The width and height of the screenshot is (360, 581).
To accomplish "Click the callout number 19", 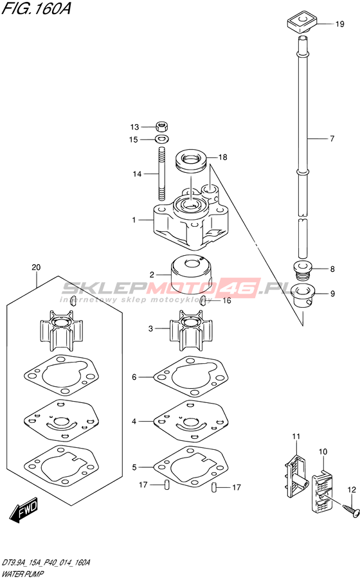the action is pos(339,24).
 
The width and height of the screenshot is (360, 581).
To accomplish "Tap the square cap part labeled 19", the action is pos(301,22).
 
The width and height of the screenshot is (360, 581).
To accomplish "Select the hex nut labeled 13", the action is pos(161,127).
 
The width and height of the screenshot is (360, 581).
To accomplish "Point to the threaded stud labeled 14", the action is pos(161,174).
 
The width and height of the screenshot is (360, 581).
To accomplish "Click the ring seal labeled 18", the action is pos(191,161).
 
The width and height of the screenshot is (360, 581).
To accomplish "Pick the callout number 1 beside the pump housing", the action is pos(134,220).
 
